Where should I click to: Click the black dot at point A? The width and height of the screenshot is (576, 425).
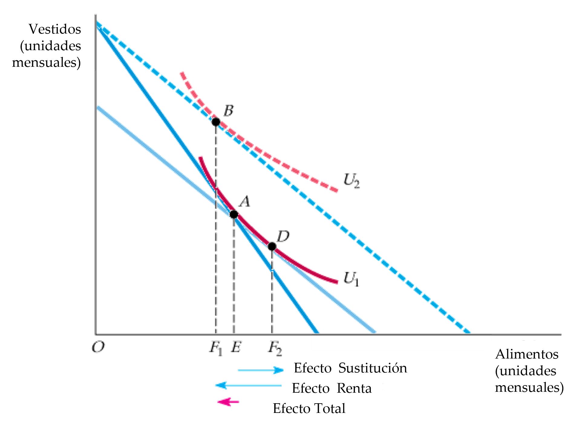click(234, 214)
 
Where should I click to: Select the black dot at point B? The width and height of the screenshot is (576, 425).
click(216, 122)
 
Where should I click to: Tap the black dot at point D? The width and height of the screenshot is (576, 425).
click(272, 246)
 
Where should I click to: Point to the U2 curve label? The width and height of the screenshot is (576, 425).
click(352, 181)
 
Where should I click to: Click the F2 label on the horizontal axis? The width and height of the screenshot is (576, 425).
click(274, 348)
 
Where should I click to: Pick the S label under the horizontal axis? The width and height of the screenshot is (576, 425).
click(236, 347)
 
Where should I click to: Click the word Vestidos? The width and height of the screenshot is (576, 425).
click(55, 29)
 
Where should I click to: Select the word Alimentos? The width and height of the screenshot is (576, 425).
click(527, 354)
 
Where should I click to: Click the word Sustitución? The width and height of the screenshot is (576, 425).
click(372, 368)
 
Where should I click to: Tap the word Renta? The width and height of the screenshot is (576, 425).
click(354, 388)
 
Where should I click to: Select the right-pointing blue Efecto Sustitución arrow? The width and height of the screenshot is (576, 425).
click(260, 370)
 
